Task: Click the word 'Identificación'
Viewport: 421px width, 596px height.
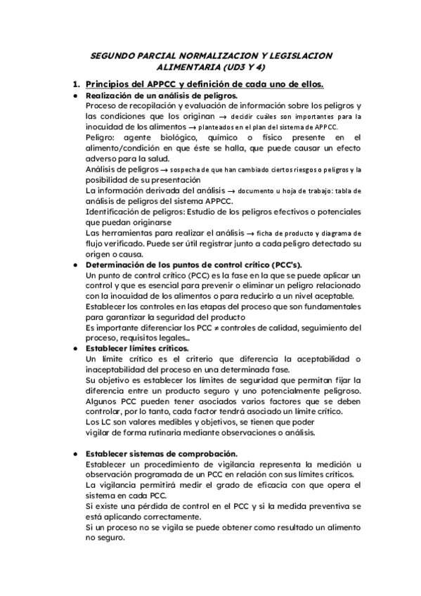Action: click(x=114, y=212)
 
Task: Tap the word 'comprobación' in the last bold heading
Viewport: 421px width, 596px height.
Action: click(x=204, y=453)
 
